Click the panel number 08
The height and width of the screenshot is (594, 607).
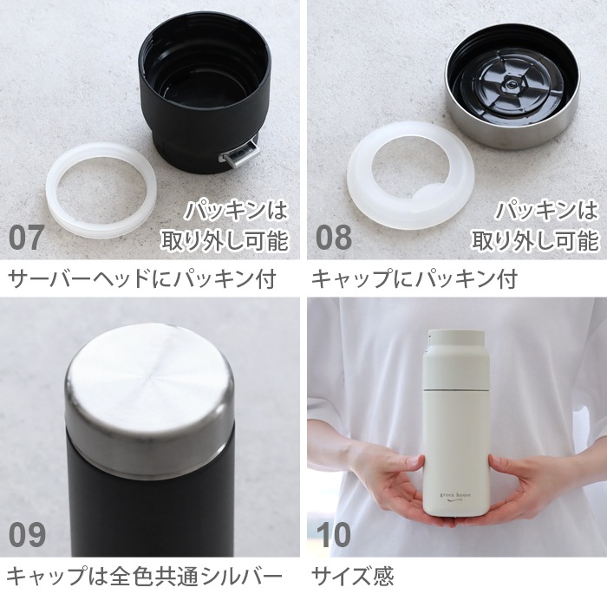pos(334,237)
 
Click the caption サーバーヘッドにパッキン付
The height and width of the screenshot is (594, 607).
pos(141,280)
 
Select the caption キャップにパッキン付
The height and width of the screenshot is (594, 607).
pos(414,280)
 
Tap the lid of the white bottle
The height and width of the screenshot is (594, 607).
pos(456,341)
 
